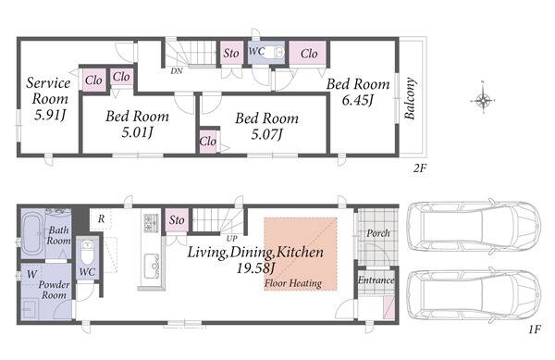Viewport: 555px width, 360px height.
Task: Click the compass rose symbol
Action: click(483, 101)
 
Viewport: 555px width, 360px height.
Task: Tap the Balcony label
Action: click(410, 98)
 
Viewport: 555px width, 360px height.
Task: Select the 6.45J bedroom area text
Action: click(358, 101)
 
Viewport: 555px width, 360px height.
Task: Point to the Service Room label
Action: click(49, 91)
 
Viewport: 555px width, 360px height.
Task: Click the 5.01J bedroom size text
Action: click(137, 132)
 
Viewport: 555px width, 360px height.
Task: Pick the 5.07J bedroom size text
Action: click(267, 134)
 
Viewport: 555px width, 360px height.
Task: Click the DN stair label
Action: click(177, 71)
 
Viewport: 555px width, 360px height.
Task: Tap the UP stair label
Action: click(232, 238)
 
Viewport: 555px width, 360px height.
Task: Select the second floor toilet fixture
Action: click(275, 53)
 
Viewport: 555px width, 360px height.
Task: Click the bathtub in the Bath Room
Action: click(32, 233)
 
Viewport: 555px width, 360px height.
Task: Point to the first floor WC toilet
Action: click(87, 252)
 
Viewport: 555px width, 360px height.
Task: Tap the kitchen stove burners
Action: click(148, 223)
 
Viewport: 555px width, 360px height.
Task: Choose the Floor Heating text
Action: click(293, 283)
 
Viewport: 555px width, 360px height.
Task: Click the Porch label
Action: click(378, 233)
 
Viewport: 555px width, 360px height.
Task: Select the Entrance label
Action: click(376, 280)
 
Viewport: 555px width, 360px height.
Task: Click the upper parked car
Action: click(475, 226)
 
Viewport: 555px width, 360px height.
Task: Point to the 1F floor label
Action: click(535, 329)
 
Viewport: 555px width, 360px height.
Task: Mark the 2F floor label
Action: click(419, 168)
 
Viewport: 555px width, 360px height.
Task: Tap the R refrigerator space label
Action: click(101, 218)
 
